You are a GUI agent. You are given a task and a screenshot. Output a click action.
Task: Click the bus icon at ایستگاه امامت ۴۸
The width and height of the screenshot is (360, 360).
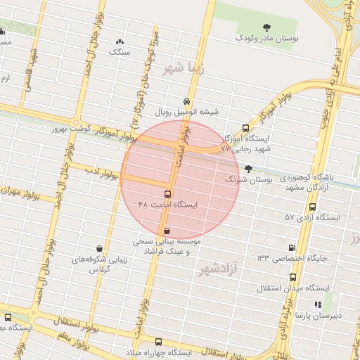pos(167,194)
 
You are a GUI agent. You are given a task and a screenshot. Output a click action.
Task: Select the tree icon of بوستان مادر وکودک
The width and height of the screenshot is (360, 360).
pos(266,27)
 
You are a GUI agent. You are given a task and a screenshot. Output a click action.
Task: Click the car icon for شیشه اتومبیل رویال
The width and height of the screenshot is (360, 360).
pos(186,101)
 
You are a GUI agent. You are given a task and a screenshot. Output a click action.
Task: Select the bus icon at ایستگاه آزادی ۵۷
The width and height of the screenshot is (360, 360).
pos(312,207)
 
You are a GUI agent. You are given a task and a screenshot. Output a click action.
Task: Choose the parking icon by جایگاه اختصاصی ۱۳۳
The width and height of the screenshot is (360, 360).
pos(292,247)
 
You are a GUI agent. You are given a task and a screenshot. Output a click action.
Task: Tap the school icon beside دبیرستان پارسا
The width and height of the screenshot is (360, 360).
pos(318,305)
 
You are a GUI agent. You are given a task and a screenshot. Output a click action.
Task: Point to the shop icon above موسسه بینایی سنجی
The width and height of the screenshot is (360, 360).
pos(167,230)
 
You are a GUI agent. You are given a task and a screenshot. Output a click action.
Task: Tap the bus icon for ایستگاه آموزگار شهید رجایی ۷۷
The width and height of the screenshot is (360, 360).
pos(245,128)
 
